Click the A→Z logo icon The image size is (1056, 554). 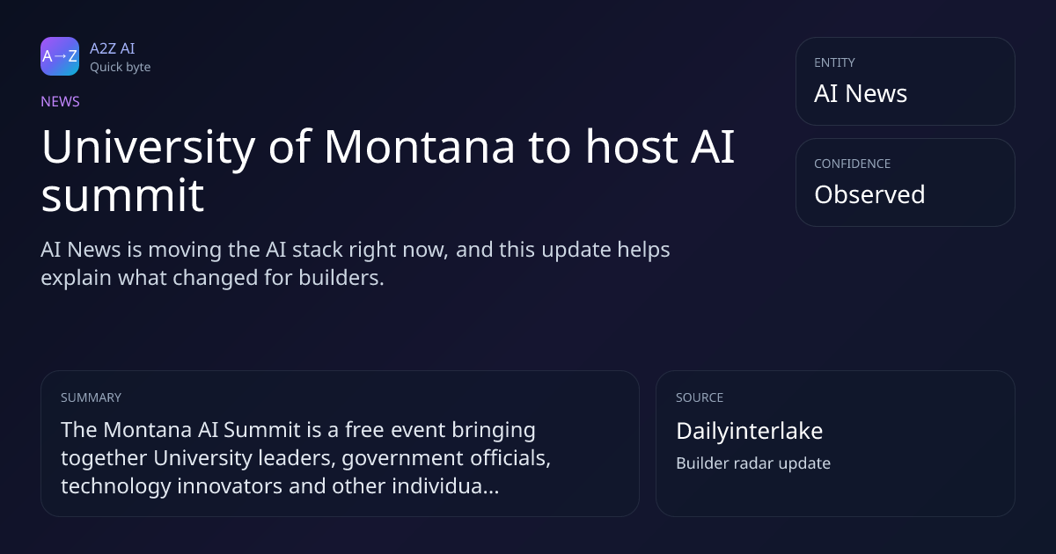(60, 56)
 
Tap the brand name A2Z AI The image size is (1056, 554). (113, 48)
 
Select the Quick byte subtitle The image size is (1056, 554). (121, 67)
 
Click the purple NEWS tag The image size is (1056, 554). (61, 101)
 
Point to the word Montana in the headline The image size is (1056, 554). (420, 147)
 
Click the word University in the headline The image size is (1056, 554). (148, 148)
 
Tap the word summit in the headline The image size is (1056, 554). (122, 195)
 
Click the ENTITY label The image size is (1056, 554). (834, 62)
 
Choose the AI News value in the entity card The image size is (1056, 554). (861, 93)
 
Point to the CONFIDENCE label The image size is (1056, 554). (853, 164)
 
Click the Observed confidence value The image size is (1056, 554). (869, 194)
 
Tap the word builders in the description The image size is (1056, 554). (341, 278)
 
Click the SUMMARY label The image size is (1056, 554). (91, 397)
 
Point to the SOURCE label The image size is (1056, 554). (700, 397)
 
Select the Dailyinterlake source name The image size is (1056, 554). (749, 431)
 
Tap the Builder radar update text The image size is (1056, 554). (753, 463)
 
